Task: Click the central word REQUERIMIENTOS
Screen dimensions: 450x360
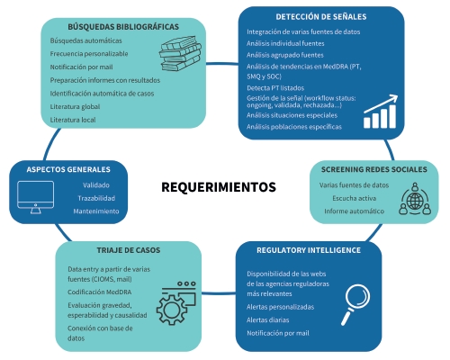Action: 219,187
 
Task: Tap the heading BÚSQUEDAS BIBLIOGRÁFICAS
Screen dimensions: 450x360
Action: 123,27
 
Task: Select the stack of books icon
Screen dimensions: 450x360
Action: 180,54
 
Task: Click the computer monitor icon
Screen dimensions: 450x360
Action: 36,197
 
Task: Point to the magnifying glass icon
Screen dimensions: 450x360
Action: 355,304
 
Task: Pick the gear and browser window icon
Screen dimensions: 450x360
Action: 176,303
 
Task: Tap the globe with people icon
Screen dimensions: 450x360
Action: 415,199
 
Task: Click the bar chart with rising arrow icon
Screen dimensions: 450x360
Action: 381,112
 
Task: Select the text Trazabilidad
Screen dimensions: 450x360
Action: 96,198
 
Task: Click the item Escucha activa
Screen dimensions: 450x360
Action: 354,198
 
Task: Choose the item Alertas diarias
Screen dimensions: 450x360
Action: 268,320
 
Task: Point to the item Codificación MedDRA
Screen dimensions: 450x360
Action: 100,292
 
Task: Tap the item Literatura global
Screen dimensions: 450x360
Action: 75,106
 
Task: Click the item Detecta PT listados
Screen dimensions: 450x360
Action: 275,88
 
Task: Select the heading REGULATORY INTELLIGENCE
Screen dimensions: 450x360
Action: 309,250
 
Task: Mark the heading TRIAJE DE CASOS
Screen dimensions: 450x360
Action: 129,250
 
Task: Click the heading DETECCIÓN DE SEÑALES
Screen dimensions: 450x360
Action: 321,17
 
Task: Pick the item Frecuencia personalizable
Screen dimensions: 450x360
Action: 89,54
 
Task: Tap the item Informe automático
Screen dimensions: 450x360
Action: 354,211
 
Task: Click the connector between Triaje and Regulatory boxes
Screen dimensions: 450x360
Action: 219,292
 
